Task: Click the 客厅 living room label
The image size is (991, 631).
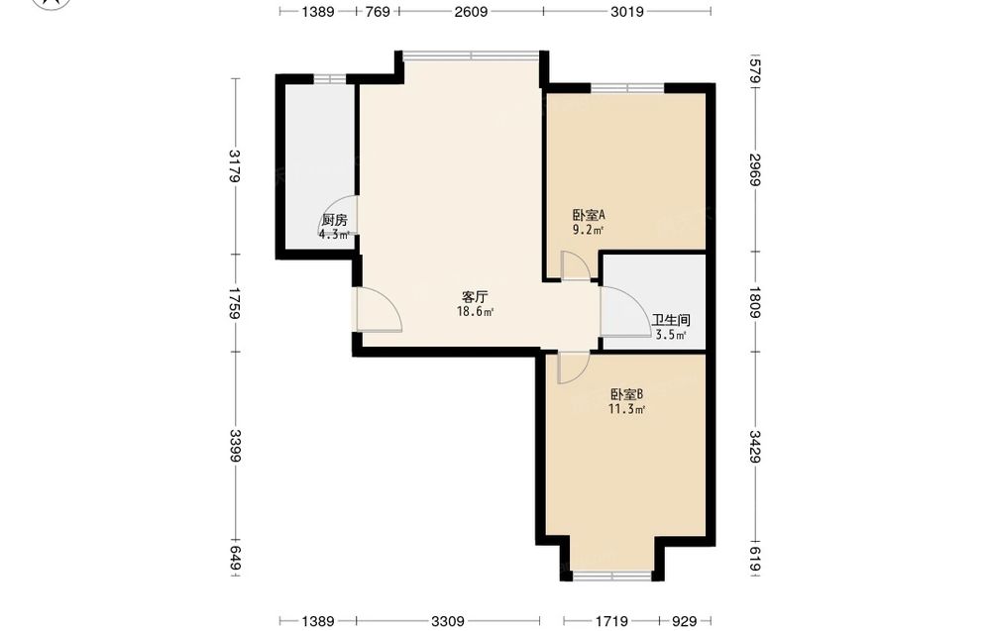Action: [475, 297]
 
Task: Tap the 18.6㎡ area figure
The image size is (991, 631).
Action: [475, 311]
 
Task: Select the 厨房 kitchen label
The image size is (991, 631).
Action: [334, 221]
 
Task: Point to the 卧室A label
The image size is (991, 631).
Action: [589, 215]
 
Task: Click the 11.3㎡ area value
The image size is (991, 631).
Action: [626, 409]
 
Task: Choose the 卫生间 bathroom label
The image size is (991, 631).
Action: [671, 320]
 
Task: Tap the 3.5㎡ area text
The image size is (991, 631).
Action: [671, 336]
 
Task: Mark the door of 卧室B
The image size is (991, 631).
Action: [573, 368]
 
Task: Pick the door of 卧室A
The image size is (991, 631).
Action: [576, 265]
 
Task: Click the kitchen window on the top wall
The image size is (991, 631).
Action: [330, 79]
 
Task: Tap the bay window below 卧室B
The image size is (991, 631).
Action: [611, 576]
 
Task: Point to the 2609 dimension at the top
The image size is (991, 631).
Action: [471, 11]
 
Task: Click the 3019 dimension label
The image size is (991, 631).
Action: [627, 11]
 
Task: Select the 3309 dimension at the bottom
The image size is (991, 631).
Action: [448, 621]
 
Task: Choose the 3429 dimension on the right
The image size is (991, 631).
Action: [754, 446]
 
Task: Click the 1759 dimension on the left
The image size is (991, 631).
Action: [235, 303]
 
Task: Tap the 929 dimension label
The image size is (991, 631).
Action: [684, 621]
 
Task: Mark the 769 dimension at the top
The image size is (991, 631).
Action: [378, 11]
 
